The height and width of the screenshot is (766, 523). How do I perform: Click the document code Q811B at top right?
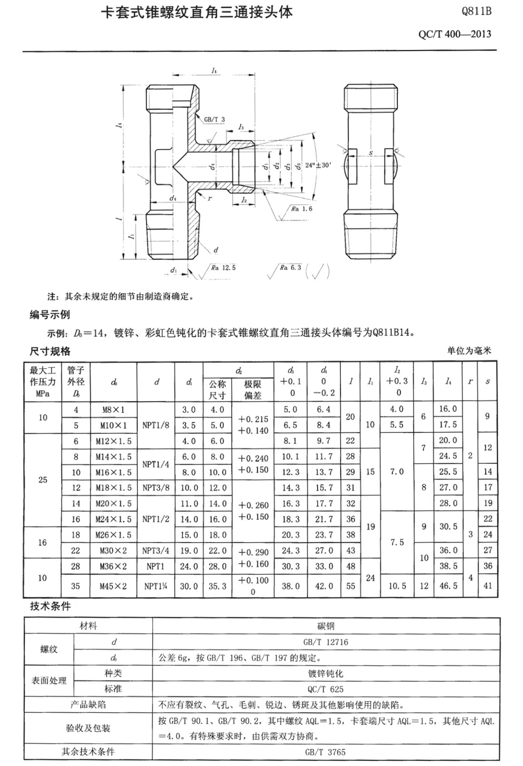click(x=476, y=12)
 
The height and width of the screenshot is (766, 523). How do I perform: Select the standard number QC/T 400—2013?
click(x=455, y=34)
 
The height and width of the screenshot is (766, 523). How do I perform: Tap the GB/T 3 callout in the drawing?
click(x=214, y=120)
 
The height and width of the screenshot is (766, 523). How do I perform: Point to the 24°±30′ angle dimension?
click(x=318, y=165)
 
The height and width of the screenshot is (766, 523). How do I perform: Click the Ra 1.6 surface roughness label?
click(x=302, y=209)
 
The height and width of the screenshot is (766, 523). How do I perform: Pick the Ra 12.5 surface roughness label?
click(x=223, y=268)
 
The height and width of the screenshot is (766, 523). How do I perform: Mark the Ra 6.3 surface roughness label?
click(x=290, y=268)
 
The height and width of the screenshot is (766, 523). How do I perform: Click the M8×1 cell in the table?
click(x=114, y=410)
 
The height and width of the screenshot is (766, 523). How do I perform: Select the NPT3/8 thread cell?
click(x=156, y=488)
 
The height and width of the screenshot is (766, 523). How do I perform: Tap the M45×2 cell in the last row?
click(x=114, y=586)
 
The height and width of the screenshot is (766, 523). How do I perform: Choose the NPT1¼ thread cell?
click(x=156, y=586)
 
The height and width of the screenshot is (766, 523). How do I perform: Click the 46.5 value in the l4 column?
click(x=448, y=586)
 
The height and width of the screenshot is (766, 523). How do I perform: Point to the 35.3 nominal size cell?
click(x=217, y=586)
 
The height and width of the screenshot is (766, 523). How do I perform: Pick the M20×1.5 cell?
click(x=114, y=504)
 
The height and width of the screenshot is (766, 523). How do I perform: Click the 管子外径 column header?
click(x=76, y=382)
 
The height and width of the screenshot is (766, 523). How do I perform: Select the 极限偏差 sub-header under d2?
click(x=253, y=390)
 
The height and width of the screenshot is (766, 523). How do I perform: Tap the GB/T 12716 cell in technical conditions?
click(x=326, y=642)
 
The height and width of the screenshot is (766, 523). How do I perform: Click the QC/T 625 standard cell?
click(x=326, y=689)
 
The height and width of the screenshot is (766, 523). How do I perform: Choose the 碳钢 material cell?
click(x=326, y=626)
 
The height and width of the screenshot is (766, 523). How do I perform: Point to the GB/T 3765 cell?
click(x=326, y=752)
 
